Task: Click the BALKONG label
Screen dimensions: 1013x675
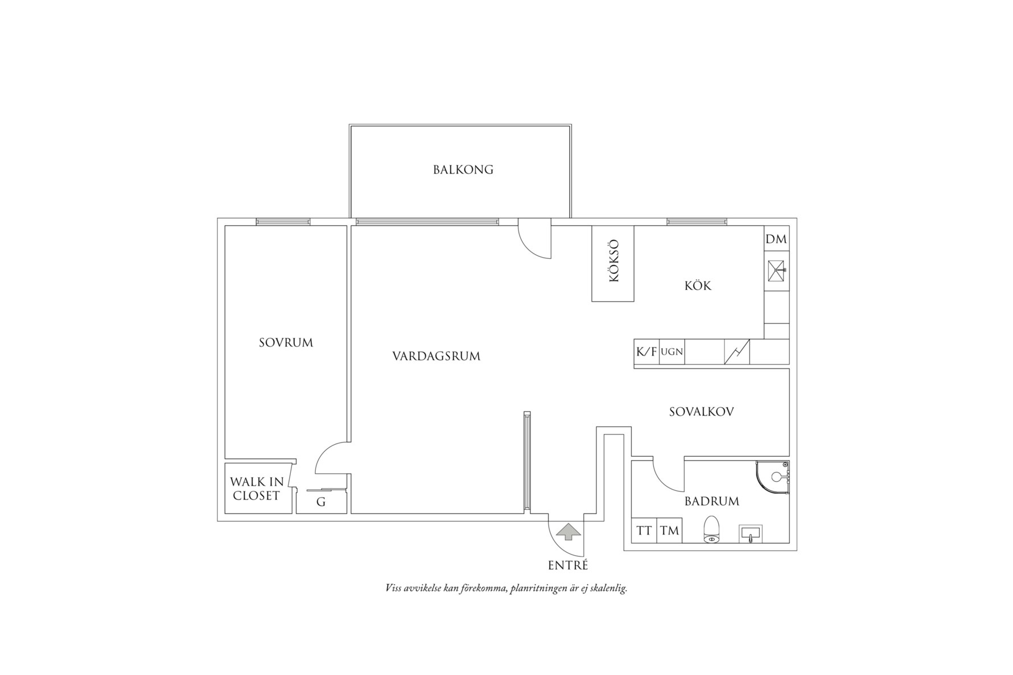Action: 463,169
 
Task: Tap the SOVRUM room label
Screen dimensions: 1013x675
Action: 286,342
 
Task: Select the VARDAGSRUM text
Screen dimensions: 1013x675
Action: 436,356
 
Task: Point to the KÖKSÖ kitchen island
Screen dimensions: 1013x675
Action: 613,263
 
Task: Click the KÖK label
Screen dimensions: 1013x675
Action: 698,285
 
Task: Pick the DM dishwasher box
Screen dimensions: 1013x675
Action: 776,239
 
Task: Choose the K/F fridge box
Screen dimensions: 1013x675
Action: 646,351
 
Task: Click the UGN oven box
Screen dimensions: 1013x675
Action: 672,351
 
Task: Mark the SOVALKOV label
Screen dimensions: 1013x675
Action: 701,412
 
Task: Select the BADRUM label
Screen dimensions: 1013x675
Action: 711,501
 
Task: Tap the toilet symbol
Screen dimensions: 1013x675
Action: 712,530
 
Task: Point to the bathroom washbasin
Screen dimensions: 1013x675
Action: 751,534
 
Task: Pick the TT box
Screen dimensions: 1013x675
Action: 644,531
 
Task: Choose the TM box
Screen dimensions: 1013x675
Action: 670,531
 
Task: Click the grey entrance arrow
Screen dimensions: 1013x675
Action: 568,532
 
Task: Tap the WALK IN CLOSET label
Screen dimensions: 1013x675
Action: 257,488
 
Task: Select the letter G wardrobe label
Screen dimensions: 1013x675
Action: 321,502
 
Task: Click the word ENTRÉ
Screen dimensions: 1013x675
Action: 568,565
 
